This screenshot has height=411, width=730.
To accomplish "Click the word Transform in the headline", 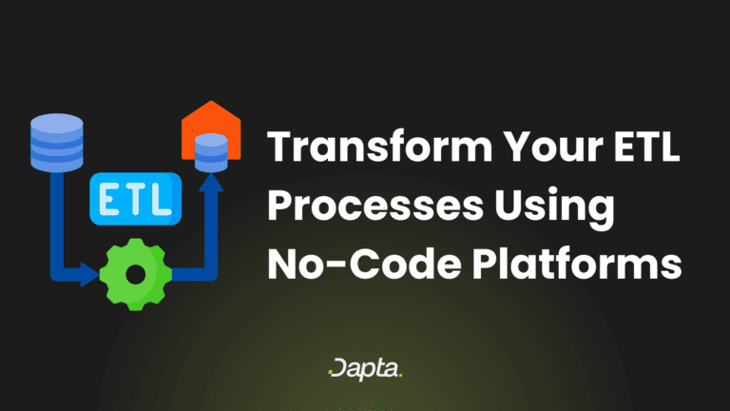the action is [379, 147].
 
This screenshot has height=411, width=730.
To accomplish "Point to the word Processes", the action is [375, 205].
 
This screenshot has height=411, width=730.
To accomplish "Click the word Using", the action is [554, 208].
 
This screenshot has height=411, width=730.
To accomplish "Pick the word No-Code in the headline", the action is [364, 264].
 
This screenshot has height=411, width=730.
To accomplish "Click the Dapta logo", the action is [365, 369].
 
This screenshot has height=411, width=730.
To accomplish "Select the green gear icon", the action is [136, 274].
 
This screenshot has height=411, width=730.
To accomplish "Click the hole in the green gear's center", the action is [136, 274].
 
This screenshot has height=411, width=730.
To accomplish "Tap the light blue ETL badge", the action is [136, 199].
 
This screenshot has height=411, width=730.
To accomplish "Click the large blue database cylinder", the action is [57, 143].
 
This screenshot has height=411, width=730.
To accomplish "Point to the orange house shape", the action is [211, 130].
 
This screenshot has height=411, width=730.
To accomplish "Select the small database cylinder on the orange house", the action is [211, 152].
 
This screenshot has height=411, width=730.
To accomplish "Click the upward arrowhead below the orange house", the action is [211, 183].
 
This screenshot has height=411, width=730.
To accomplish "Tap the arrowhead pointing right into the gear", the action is [89, 274].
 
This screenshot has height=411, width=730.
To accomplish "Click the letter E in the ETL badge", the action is [110, 199].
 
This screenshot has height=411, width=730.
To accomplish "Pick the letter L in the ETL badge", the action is [162, 199].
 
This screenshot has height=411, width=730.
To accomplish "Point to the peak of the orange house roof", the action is [211, 101].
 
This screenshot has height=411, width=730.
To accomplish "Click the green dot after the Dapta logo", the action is [400, 375].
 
